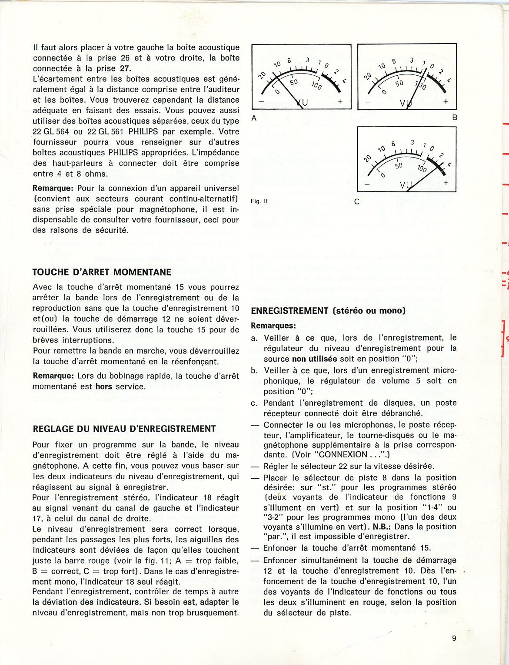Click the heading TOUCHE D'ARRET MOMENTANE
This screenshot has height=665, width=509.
point(102,272)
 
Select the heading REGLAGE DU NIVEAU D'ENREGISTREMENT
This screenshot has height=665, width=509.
point(124,429)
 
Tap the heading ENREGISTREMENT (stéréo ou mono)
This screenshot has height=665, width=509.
point(328,310)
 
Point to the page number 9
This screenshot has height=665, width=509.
point(454,638)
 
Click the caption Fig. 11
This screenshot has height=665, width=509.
point(259,201)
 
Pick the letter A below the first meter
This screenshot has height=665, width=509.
point(254,118)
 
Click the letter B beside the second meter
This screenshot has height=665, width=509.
point(455,118)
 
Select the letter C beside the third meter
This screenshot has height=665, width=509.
point(357,202)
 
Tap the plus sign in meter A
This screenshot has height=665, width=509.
point(340,101)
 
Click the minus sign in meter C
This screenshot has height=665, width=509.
point(367,184)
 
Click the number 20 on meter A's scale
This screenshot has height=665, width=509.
point(262,75)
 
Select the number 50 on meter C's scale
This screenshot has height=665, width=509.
point(399,165)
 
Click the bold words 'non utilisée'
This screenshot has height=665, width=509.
point(315,359)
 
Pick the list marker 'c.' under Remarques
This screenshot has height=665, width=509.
point(254,403)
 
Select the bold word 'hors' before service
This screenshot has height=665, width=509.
point(104,386)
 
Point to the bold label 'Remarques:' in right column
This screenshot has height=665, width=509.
point(273,326)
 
